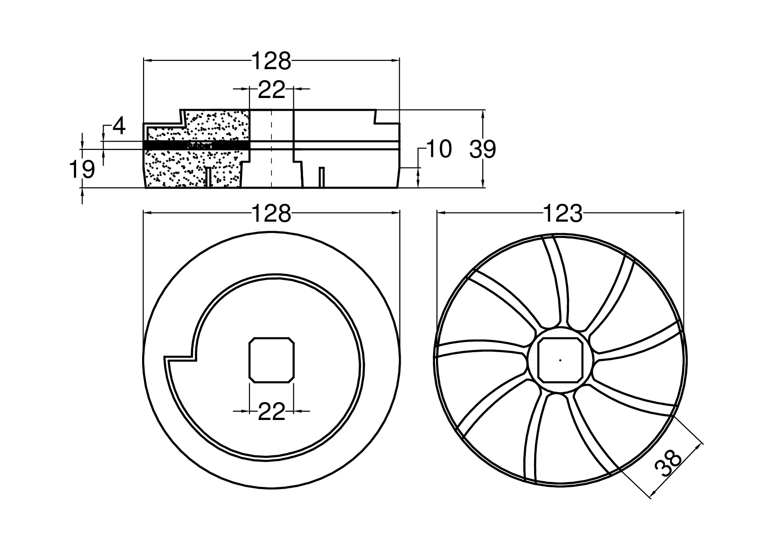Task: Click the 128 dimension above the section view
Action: pyautogui.click(x=271, y=62)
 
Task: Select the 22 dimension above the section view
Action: pyautogui.click(x=271, y=90)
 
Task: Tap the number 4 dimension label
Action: pyautogui.click(x=119, y=126)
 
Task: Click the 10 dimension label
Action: pyautogui.click(x=439, y=149)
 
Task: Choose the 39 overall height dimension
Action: pyautogui.click(x=483, y=150)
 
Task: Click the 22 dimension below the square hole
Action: pyautogui.click(x=271, y=411)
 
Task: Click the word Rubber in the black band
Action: pyautogui.click(x=199, y=145)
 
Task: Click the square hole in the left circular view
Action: pyautogui.click(x=271, y=360)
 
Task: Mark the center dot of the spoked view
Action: pyautogui.click(x=560, y=360)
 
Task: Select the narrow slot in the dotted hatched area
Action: pyautogui.click(x=209, y=177)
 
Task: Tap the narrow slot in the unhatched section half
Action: pyautogui.click(x=322, y=177)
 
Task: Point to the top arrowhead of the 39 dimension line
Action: pyautogui.click(x=483, y=113)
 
